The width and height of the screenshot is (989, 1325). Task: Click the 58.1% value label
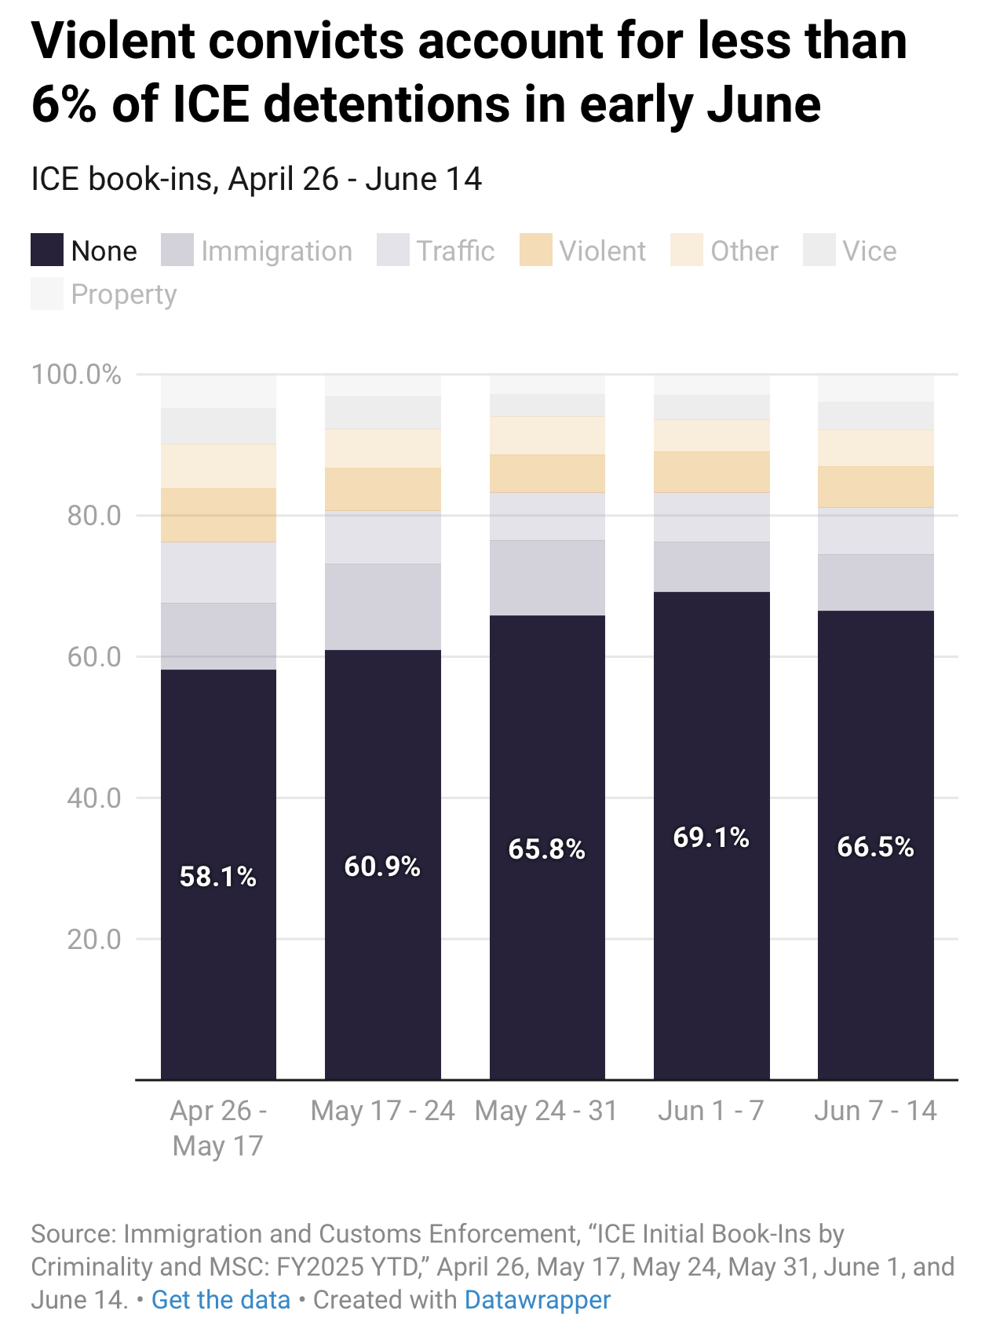coord(217,876)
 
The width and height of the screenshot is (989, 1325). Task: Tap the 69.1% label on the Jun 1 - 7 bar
coord(711,838)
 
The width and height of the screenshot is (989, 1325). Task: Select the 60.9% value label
coord(382,866)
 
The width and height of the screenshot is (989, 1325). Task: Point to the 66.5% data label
coord(875,846)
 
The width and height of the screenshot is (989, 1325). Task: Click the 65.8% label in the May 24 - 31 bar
coord(546,849)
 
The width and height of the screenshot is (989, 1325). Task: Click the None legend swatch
coord(47,250)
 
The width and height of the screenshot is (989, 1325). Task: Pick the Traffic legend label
coord(455,251)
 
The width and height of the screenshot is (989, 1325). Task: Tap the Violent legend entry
coord(602,251)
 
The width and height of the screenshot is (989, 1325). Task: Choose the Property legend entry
coord(123,294)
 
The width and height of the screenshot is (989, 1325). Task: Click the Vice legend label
coord(869,251)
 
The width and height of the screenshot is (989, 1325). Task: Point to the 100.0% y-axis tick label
coord(76,374)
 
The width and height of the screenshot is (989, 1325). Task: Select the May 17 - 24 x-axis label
coord(382,1111)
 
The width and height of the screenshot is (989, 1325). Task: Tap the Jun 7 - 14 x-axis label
coord(875,1111)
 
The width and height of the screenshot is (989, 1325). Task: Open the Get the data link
coord(221,1300)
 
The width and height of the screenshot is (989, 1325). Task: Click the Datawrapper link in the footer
coord(537,1300)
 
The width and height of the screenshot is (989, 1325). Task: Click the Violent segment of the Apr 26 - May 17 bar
coord(218,515)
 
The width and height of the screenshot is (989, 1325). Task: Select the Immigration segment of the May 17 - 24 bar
coord(382,606)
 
